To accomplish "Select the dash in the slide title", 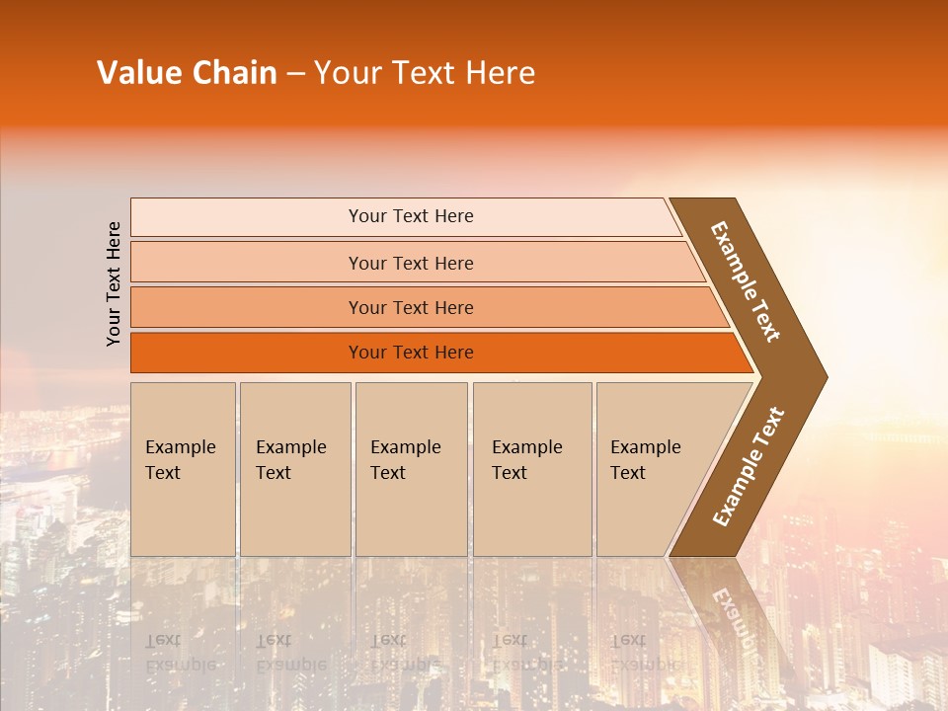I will tap(295, 73).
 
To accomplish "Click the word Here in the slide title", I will tap(500, 72).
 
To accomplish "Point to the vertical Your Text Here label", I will tap(114, 283).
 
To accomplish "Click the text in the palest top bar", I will tap(411, 216).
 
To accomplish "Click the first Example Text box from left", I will tap(183, 469).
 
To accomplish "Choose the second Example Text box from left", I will tap(295, 469).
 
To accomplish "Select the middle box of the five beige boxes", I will tap(411, 469).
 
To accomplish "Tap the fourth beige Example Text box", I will tap(532, 469).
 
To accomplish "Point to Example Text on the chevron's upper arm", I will tap(746, 281).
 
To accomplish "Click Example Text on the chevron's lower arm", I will tap(749, 466).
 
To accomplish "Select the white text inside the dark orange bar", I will tap(411, 353).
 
